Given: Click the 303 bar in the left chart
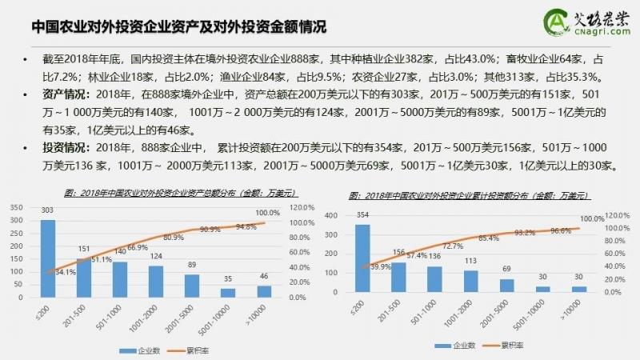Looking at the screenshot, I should (x=48, y=258).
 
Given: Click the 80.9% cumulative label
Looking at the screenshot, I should (x=173, y=238).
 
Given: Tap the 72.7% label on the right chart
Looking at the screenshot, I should (x=451, y=246).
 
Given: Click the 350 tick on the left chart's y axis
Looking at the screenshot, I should (x=14, y=207).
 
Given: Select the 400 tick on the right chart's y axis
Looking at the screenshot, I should (x=334, y=215).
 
